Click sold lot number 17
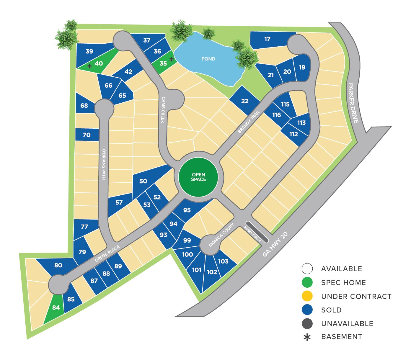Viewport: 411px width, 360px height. pos(268,39)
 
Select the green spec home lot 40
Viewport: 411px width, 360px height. pos(99,63)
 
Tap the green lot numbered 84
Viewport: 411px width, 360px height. pos(56,308)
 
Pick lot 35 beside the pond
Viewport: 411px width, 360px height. pos(163,63)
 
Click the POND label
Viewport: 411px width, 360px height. pos(208,59)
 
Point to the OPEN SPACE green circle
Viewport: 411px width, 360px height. pos(198,177)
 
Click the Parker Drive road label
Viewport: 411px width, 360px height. pos(353,103)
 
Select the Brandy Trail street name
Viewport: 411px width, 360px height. pos(249,122)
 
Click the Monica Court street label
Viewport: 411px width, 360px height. pos(221,235)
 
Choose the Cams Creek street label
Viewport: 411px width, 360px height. pos(163,109)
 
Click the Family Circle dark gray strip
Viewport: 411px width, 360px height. pos(257,232)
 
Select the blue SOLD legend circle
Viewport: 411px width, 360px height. pos(307,310)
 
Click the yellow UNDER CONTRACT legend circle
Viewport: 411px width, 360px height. pos(307,296)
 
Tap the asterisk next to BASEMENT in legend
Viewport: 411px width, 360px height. pos(307,337)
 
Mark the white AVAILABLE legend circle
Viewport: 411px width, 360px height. pos(307,269)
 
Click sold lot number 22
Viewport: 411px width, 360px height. pos(245,101)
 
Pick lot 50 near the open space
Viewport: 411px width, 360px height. pos(143,181)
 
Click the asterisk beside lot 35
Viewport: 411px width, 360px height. pos(171,59)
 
